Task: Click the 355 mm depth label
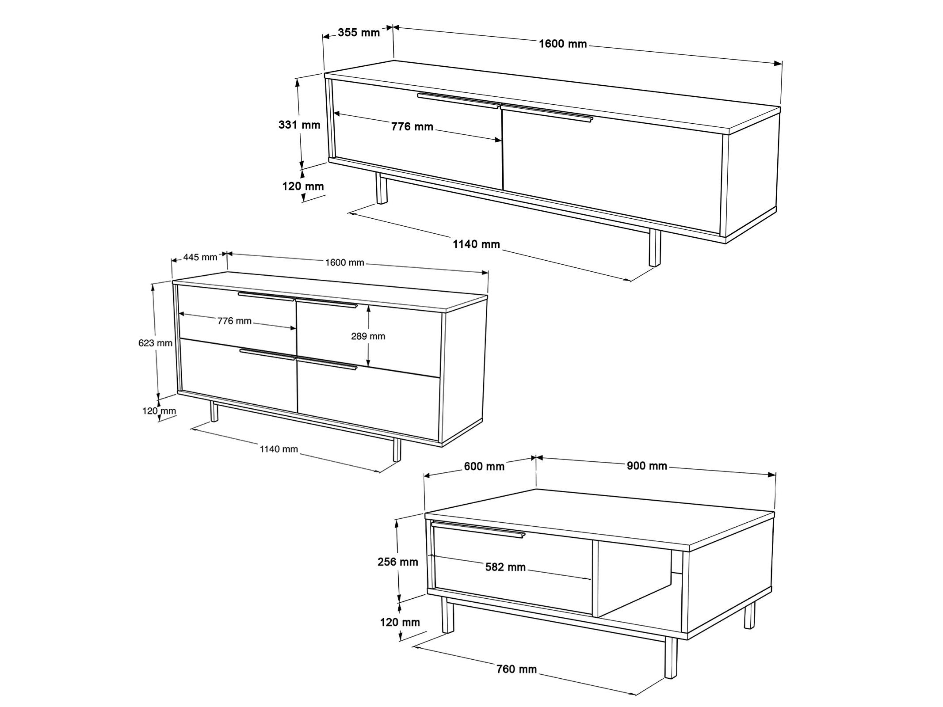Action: pyautogui.click(x=359, y=32)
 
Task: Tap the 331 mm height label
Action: pyautogui.click(x=299, y=125)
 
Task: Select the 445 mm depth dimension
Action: pyautogui.click(x=201, y=257)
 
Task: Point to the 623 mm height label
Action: pyautogui.click(x=155, y=342)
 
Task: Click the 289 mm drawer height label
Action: pyautogui.click(x=368, y=336)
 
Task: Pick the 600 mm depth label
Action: pyautogui.click(x=484, y=466)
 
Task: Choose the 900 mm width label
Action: pyautogui.click(x=647, y=465)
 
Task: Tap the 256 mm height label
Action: pyautogui.click(x=398, y=562)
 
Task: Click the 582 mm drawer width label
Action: pyautogui.click(x=505, y=567)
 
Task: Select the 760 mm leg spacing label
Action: pyautogui.click(x=516, y=669)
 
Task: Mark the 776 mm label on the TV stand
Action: pyautogui.click(x=412, y=127)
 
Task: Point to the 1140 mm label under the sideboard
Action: pyautogui.click(x=279, y=449)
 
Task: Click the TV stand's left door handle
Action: pyautogui.click(x=458, y=101)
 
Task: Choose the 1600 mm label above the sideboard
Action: pyautogui.click(x=344, y=263)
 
